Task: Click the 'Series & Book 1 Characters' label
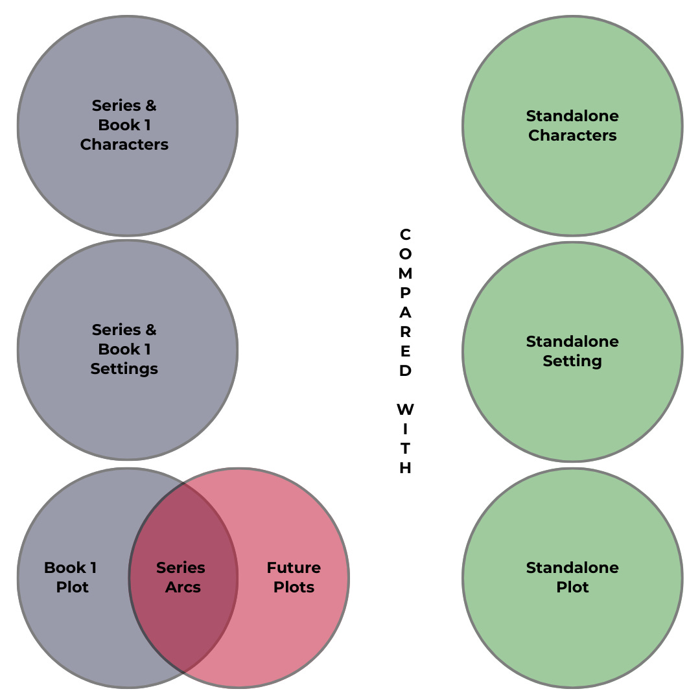point(124,125)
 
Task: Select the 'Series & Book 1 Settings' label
point(124,349)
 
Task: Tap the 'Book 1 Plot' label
point(71,577)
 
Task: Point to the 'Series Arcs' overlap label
point(181,577)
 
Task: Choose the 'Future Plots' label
point(294,577)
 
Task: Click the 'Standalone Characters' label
point(572,126)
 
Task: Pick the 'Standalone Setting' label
point(572,351)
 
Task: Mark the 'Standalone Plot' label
point(572,577)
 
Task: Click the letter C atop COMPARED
point(405,234)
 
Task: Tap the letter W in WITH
point(405,410)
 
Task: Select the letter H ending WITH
point(405,468)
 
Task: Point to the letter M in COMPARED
point(405,273)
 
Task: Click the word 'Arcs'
point(183,587)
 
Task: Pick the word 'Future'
point(294,568)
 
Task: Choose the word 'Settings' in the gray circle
point(124,369)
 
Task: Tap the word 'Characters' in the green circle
point(572,135)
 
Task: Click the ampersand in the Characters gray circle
point(150,106)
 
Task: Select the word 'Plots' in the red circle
point(294,587)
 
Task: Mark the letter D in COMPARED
point(405,371)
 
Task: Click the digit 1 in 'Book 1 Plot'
point(93,568)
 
